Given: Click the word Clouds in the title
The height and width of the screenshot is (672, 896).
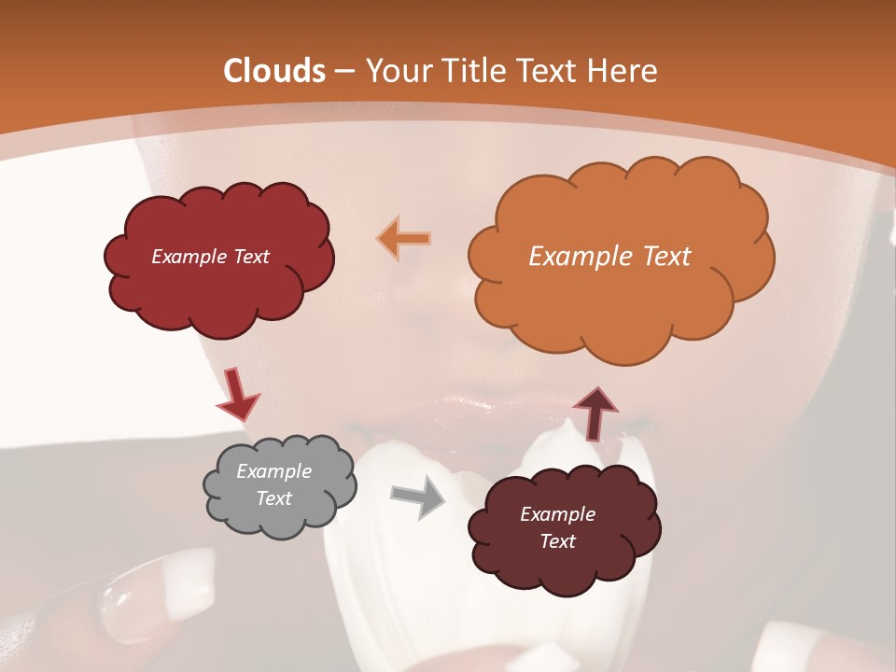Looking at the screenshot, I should [274, 71].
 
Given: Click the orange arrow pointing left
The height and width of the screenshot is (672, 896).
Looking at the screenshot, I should [404, 239].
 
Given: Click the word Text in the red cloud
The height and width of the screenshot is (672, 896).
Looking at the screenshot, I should [251, 257].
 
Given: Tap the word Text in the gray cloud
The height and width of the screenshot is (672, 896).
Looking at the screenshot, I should [274, 498].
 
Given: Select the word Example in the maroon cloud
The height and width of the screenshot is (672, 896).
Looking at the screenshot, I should [557, 514].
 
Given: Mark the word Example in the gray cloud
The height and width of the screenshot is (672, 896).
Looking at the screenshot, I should [274, 471].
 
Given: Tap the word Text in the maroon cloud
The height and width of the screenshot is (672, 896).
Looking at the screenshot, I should [557, 541].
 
